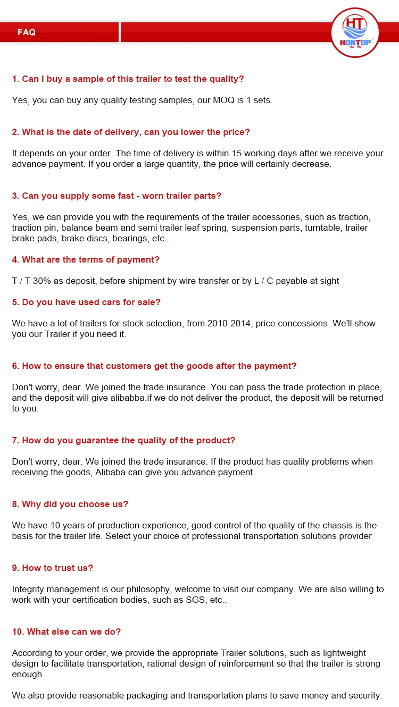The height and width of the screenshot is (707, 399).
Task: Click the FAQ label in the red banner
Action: (x=27, y=32)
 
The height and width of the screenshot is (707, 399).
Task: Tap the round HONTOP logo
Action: (x=355, y=33)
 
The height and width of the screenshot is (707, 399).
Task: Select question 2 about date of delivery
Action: (x=131, y=132)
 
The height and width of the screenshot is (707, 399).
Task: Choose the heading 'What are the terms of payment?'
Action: (x=86, y=259)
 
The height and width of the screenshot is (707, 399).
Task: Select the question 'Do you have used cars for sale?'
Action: (x=86, y=302)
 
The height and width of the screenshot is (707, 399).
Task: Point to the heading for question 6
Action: (x=154, y=366)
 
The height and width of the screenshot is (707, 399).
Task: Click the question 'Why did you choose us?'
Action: (x=70, y=504)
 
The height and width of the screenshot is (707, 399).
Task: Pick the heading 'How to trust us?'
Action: (x=53, y=568)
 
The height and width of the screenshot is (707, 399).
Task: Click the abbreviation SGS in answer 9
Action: (x=192, y=600)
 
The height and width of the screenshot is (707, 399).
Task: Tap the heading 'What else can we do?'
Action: (x=66, y=632)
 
